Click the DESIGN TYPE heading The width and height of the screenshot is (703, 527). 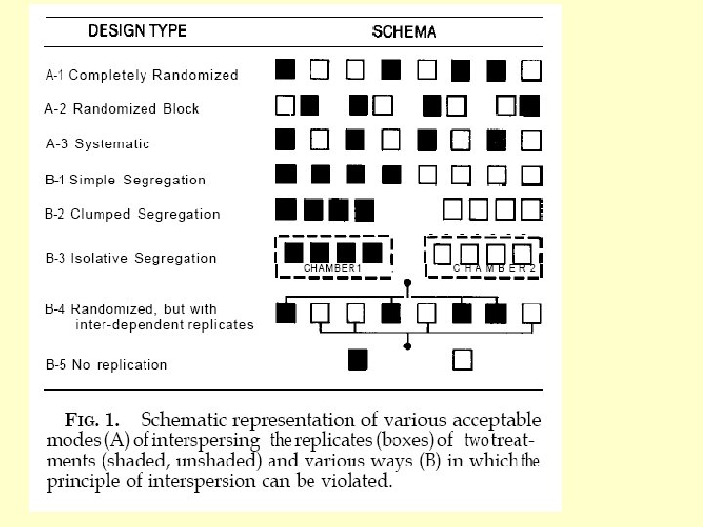click(x=137, y=30)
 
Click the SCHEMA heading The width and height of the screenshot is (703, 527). click(x=404, y=31)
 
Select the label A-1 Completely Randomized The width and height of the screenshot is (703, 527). click(x=142, y=74)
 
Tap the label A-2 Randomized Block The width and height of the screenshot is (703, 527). click(x=122, y=109)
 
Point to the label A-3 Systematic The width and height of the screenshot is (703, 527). click(x=98, y=144)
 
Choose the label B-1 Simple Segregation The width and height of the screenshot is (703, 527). click(x=126, y=180)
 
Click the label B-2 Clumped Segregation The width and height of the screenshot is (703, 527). click(x=133, y=214)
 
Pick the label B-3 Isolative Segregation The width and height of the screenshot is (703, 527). click(x=131, y=259)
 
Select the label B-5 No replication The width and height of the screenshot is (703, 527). click(x=106, y=365)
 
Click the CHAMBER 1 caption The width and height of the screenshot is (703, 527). click(x=332, y=268)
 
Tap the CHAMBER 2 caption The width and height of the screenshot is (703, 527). click(x=495, y=268)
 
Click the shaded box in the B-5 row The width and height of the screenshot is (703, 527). click(x=357, y=361)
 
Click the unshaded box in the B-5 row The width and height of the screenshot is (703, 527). click(x=462, y=361)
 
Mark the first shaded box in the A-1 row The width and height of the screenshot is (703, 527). click(x=285, y=69)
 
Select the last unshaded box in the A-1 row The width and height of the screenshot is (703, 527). click(x=531, y=70)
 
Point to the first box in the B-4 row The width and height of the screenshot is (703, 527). click(x=285, y=312)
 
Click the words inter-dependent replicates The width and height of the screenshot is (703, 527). click(x=164, y=325)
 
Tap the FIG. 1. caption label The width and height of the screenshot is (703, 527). click(x=93, y=421)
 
